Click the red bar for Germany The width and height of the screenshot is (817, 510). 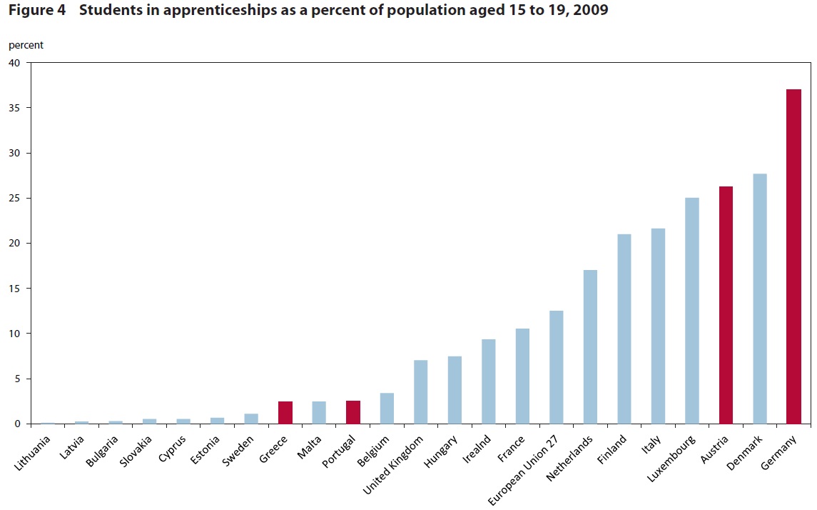pos(793,256)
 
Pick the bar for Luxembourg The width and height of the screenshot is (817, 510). pos(692,311)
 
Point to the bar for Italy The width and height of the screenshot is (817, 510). pos(658,326)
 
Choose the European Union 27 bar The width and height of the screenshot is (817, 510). pos(556,367)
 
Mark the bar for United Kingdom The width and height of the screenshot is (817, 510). pos(420,392)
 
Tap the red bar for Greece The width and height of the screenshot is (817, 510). pos(285,413)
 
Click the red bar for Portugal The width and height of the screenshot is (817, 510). pos(353,412)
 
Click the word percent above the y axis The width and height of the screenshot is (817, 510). pos(26,45)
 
